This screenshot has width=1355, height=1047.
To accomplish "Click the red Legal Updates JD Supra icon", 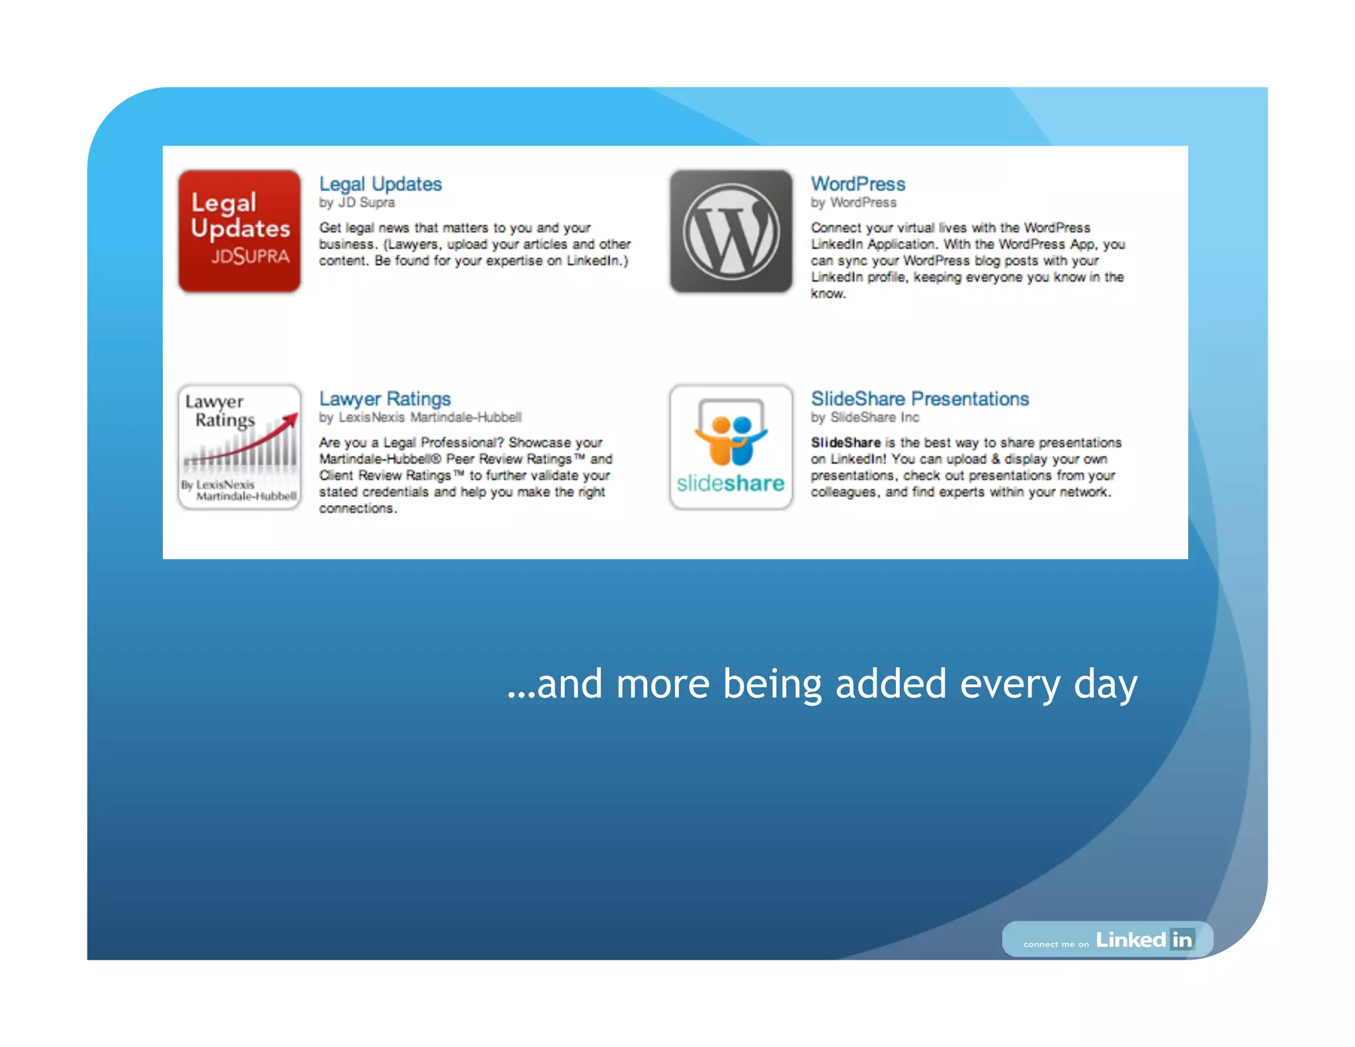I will [239, 231].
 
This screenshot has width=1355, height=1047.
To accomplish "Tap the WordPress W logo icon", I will [730, 231].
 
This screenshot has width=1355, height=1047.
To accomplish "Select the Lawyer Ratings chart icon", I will [239, 447].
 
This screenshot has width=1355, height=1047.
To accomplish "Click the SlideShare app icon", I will [730, 447].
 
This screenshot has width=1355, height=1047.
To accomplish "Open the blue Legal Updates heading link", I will [380, 184].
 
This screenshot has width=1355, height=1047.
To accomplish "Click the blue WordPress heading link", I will [858, 184].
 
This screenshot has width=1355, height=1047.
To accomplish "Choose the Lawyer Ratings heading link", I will [384, 399].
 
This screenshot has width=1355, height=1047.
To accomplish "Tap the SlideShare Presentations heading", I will [920, 399].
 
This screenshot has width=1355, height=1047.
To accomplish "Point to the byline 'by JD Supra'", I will [357, 203].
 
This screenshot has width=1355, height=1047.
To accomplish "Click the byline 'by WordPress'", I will [853, 203].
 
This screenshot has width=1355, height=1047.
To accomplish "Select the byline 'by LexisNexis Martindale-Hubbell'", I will [420, 418].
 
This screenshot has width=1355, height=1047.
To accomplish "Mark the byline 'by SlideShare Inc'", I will [865, 418].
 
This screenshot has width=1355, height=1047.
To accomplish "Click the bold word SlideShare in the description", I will [846, 443].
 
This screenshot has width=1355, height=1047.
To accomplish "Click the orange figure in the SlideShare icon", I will [721, 442].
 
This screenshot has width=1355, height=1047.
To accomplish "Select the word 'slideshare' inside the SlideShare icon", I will [730, 484].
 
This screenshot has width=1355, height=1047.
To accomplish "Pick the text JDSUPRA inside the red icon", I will [250, 256].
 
